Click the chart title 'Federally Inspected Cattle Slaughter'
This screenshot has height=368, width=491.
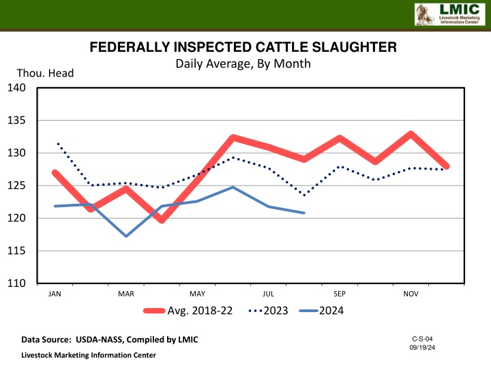click(x=243, y=48)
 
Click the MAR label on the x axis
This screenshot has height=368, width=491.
click(x=126, y=294)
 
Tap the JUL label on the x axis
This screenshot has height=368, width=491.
click(x=268, y=294)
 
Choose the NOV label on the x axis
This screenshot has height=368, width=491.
click(x=411, y=294)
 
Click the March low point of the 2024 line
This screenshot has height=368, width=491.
click(x=126, y=236)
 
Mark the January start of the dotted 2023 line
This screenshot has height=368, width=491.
click(x=57, y=142)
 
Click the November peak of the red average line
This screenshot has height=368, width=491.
click(x=411, y=134)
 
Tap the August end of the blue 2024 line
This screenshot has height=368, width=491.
click(x=304, y=213)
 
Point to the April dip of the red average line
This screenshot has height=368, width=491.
click(x=162, y=220)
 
